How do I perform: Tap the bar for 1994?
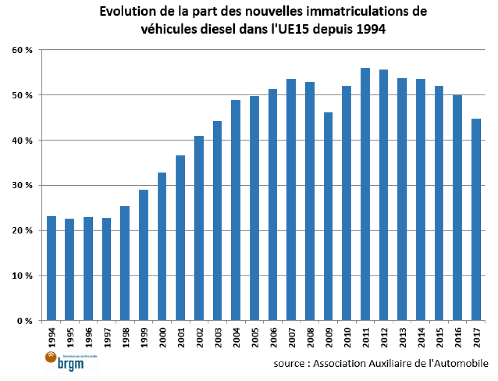(52, 268)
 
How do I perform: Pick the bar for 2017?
(476, 219)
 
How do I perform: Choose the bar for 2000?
(162, 246)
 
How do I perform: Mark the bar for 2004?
(236, 210)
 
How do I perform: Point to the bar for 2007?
(291, 199)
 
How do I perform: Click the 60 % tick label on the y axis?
(22, 50)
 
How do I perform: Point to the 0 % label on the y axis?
(24, 321)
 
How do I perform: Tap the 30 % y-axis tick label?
(22, 185)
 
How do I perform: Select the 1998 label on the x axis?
(126, 337)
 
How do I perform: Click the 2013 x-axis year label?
(402, 337)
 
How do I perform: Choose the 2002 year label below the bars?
(199, 337)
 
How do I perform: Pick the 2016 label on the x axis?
(458, 337)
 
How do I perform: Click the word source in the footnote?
(289, 363)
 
